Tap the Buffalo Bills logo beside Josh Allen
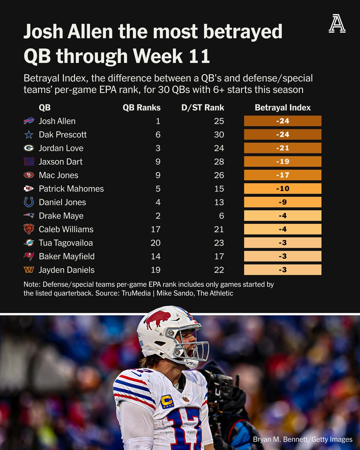point(29,121)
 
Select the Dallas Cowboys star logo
point(29,135)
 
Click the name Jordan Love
point(61,148)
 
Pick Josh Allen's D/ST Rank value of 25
point(219,121)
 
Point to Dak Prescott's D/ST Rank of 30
point(219,134)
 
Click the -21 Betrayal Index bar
point(282,148)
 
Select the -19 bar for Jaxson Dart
point(282,161)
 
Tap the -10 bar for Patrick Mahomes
point(282,189)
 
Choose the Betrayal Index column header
point(282,108)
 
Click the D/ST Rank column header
point(203,108)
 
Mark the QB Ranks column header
point(141,108)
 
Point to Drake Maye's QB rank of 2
point(158,216)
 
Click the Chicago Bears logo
point(29,229)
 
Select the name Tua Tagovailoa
point(66,243)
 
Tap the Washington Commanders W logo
point(29,270)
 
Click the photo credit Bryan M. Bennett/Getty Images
point(302,439)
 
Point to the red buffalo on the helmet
point(158,319)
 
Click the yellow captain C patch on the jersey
point(167,401)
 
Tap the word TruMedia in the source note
point(136,293)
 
